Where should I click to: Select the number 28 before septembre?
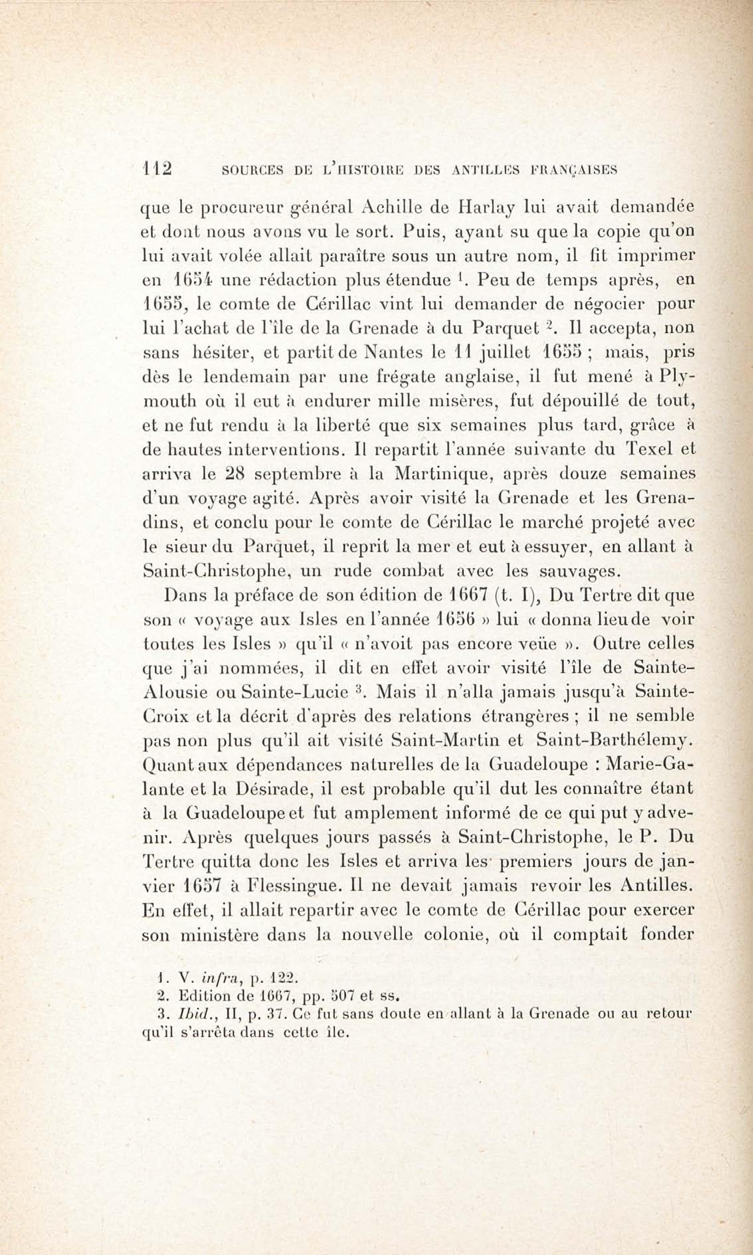click(x=235, y=474)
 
